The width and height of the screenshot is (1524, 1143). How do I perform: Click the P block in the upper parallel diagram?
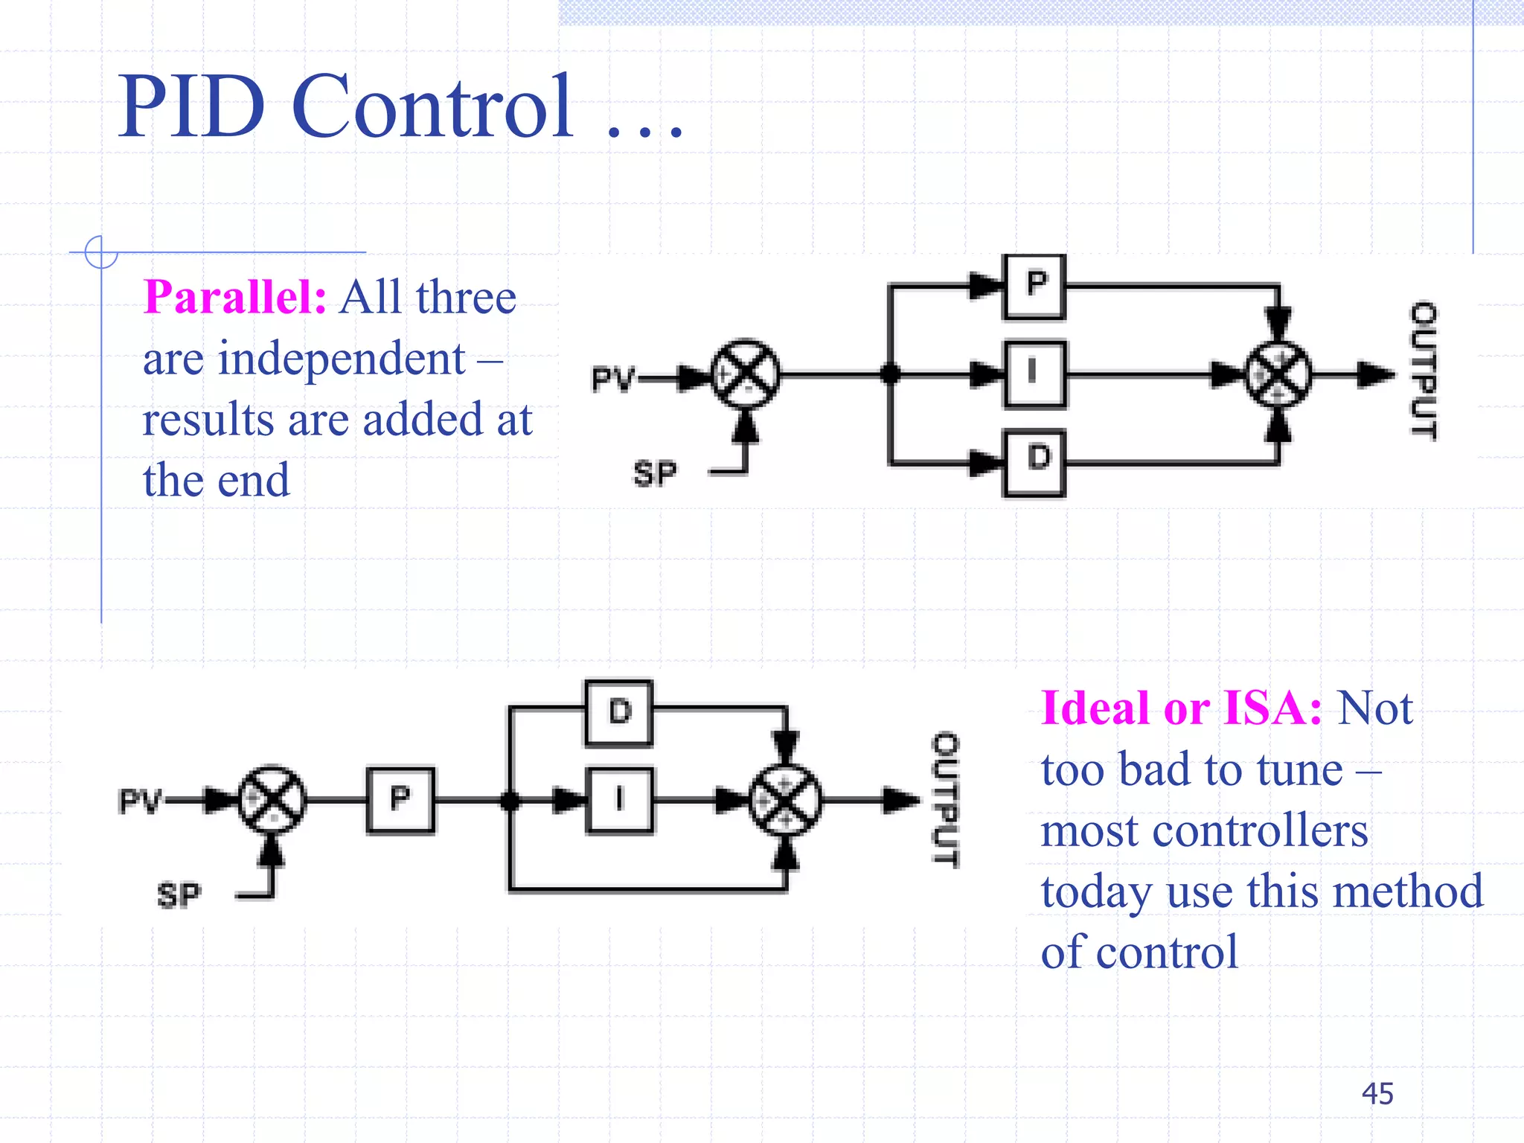tap(1034, 286)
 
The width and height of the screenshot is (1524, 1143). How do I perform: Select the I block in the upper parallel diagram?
tap(1034, 374)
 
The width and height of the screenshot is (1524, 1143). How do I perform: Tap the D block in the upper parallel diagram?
tap(1034, 462)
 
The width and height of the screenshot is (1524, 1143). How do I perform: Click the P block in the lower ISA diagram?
tap(400, 800)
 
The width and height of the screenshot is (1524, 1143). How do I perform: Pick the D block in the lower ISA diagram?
tap(619, 712)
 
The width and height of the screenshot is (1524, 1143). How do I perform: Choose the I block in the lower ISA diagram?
tap(619, 800)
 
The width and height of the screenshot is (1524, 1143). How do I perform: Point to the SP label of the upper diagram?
tap(655, 473)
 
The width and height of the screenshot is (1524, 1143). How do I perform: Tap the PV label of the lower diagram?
tap(140, 801)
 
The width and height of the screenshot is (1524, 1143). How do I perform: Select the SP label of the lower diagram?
tap(179, 895)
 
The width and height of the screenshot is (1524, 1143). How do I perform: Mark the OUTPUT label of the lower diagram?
tap(946, 799)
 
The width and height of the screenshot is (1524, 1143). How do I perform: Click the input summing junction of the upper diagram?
tap(745, 374)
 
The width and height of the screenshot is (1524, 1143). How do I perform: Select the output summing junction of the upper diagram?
tap(1278, 374)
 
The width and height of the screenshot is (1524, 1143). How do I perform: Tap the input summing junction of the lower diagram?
tap(272, 800)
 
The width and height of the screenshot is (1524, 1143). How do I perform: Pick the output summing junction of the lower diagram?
tap(785, 800)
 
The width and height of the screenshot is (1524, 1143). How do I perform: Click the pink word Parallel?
tap(234, 298)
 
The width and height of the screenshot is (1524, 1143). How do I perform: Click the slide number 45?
tap(1377, 1093)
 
